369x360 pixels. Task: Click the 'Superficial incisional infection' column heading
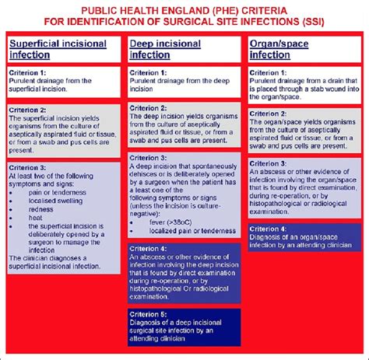click(58, 49)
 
